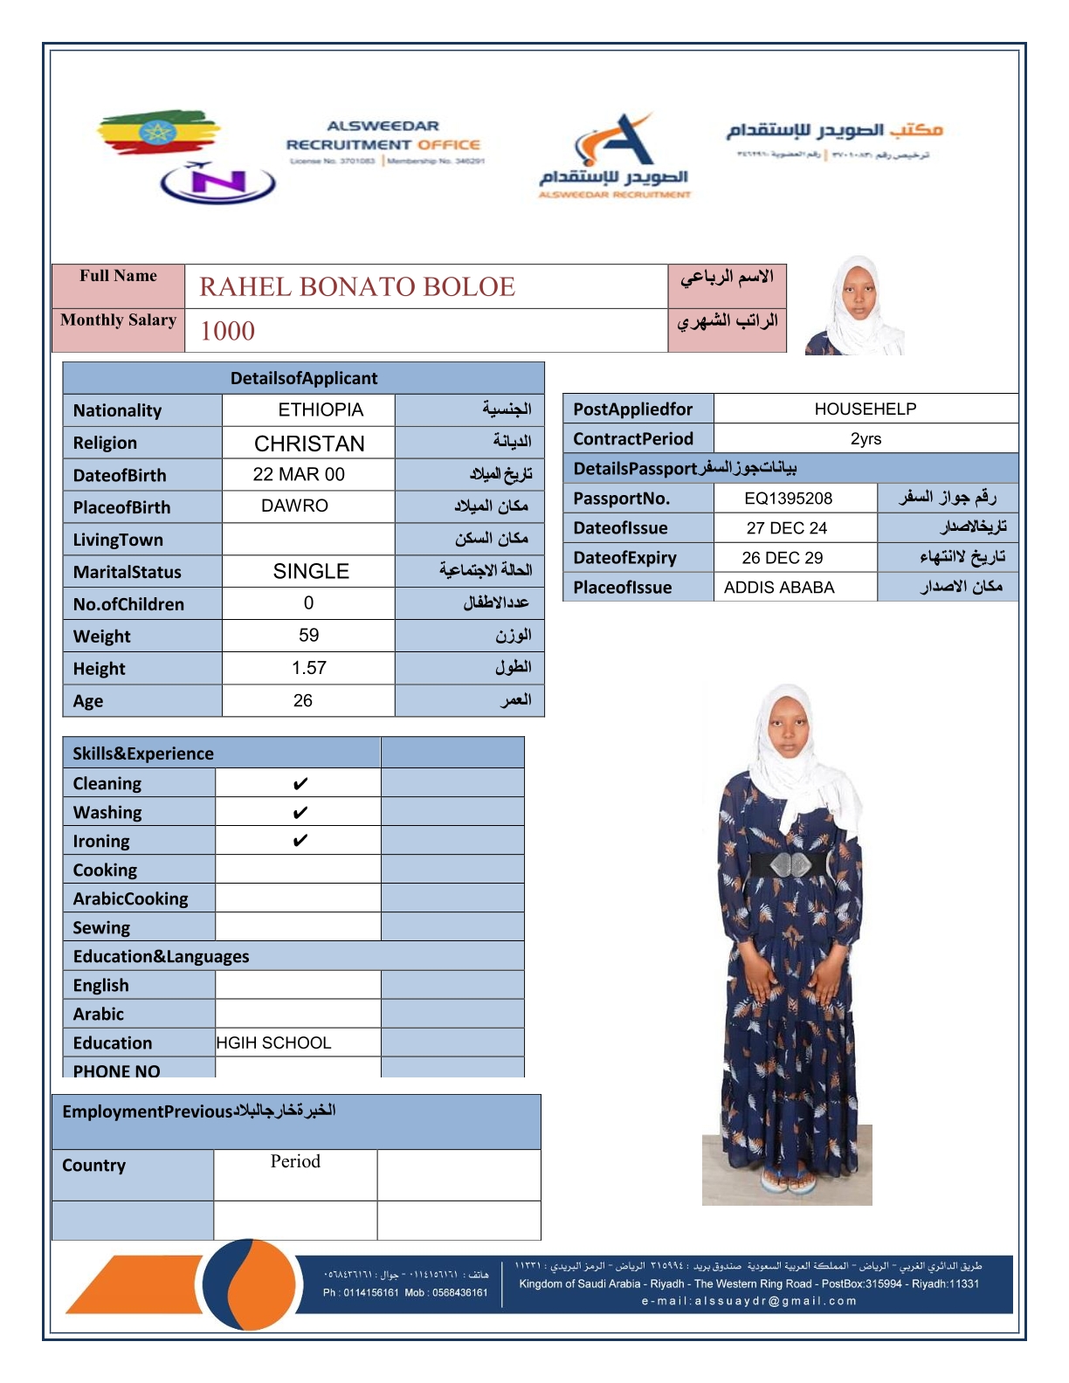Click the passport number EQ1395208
click(788, 499)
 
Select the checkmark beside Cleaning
click(300, 784)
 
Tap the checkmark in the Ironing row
click(300, 841)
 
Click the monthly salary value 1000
click(227, 331)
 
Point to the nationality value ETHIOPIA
click(321, 409)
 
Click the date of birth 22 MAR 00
click(299, 474)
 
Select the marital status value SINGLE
click(311, 571)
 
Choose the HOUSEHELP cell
click(865, 409)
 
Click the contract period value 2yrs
click(866, 438)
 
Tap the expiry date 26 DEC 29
click(782, 558)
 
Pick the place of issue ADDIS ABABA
click(779, 588)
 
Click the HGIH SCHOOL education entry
click(273, 1042)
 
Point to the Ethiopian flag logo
click(157, 133)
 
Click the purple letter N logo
click(217, 182)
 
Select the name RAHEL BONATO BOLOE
click(357, 286)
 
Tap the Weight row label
click(101, 636)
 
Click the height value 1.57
click(308, 668)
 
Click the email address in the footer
click(748, 1301)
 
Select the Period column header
click(295, 1161)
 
